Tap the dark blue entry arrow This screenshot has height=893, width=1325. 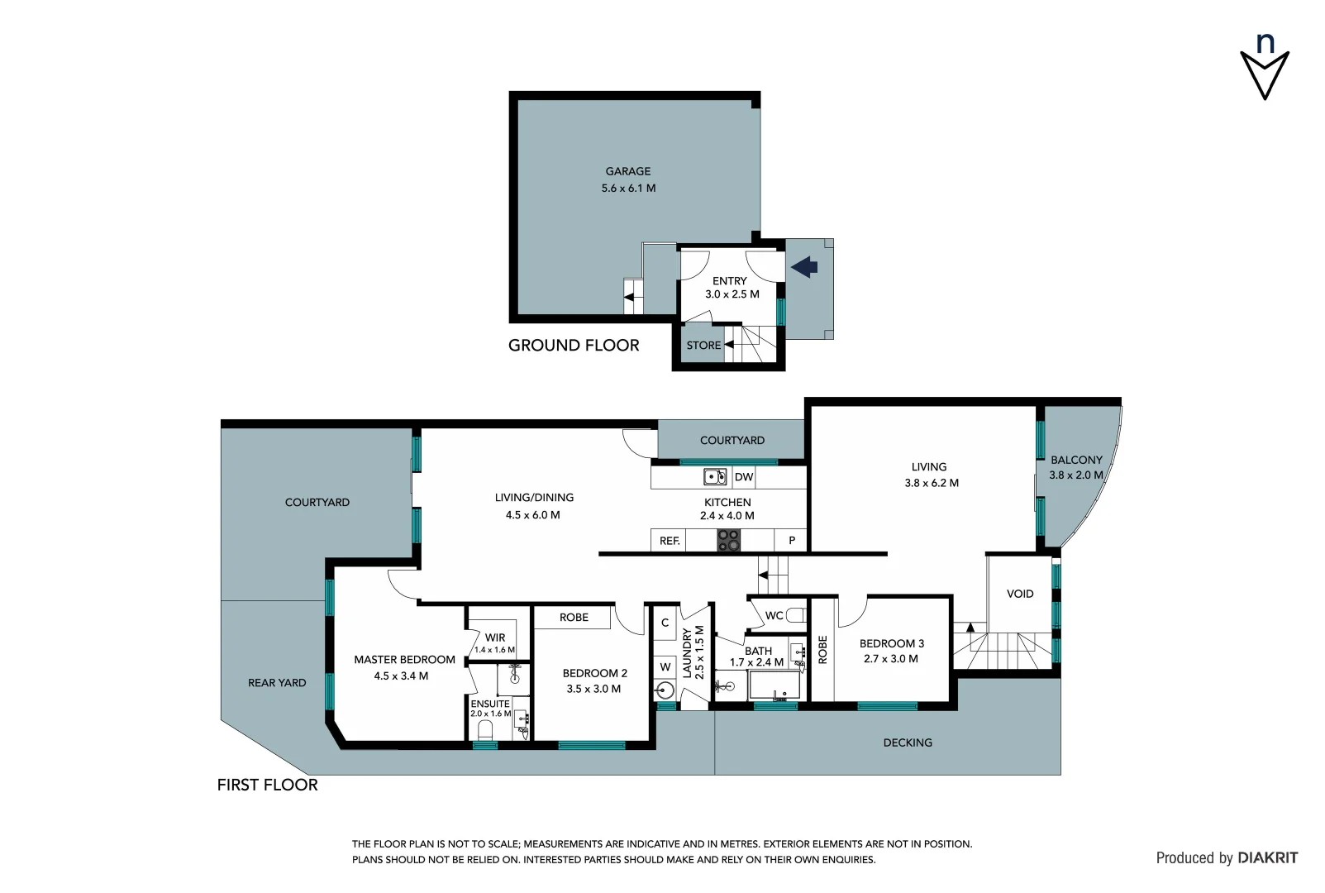click(x=804, y=266)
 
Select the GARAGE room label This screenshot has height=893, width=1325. click(x=627, y=171)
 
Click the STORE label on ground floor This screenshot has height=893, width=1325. click(x=703, y=346)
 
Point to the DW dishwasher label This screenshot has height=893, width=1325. click(x=743, y=477)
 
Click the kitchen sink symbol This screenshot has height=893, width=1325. click(x=714, y=477)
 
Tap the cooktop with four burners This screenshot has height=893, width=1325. click(x=728, y=541)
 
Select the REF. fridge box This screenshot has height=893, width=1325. click(x=669, y=541)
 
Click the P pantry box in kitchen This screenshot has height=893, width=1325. click(x=791, y=541)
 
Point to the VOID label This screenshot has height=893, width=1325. click(x=1019, y=594)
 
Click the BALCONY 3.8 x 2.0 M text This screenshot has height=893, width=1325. click(x=1075, y=467)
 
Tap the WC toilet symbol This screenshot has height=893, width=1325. click(x=795, y=615)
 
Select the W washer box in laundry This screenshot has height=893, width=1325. click(x=665, y=666)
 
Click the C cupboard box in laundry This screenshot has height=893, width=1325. click(x=665, y=623)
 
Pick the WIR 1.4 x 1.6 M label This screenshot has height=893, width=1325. click(x=494, y=642)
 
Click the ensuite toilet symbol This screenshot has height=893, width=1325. click(x=485, y=730)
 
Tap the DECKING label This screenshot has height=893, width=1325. click(x=907, y=743)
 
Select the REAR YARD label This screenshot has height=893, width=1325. click(x=277, y=683)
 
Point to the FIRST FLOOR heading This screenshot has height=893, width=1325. click(x=267, y=785)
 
